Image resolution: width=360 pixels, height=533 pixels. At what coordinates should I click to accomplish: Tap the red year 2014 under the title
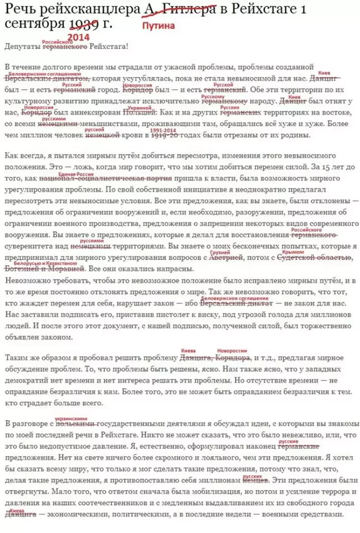[x=79, y=37]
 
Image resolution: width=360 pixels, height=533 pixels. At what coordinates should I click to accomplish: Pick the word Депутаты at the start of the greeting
[x=22, y=47]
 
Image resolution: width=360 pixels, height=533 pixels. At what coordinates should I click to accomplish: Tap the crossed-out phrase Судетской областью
[x=310, y=256]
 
